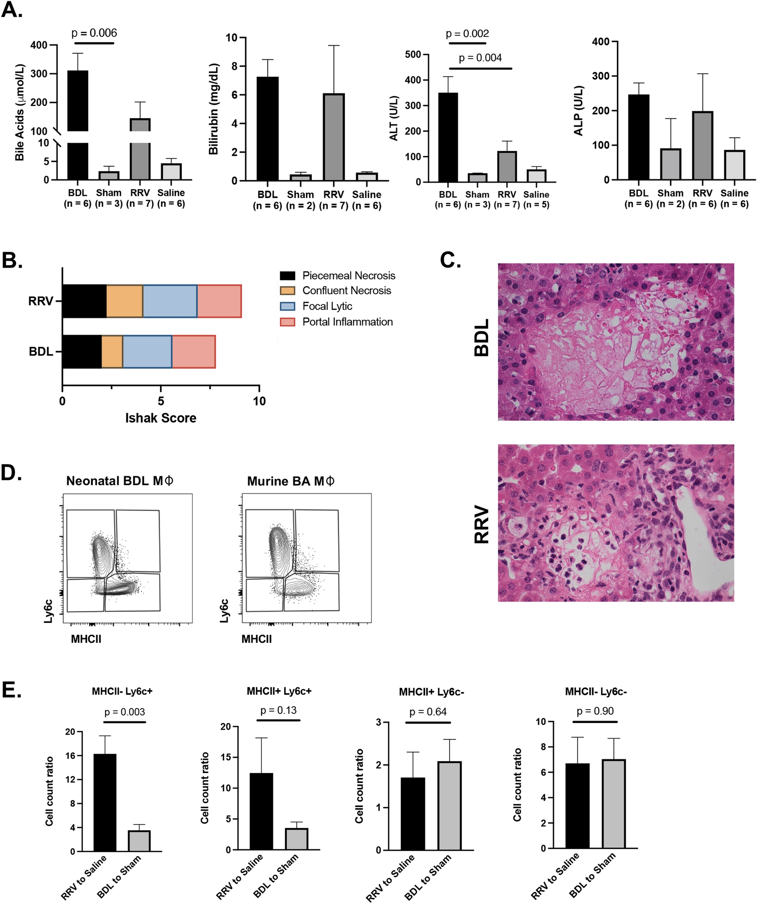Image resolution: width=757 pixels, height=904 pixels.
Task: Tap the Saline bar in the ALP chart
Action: point(734,164)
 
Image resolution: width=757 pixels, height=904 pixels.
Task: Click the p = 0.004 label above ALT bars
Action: point(480,58)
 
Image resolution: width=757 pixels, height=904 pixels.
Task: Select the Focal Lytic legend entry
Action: point(327,306)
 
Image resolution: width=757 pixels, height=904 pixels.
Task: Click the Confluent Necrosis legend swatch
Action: point(288,291)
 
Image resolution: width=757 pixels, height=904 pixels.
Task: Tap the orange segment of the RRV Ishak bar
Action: point(124,301)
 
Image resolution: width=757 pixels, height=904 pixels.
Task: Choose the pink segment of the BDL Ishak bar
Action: point(194,351)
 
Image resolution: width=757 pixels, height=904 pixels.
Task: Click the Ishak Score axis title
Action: point(160,417)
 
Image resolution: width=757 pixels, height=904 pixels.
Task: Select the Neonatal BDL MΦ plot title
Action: point(120,481)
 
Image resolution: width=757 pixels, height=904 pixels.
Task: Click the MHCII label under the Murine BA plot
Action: point(256,639)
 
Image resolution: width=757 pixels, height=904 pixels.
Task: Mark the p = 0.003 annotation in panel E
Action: point(124,712)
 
